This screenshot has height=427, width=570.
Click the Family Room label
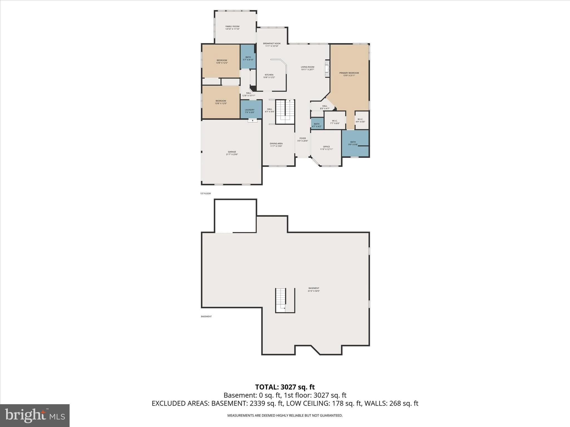click(x=232, y=28)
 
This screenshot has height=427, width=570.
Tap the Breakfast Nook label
click(x=272, y=44)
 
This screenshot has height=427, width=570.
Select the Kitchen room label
click(x=269, y=76)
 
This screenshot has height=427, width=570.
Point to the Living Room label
click(x=307, y=68)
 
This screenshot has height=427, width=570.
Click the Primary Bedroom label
click(x=349, y=74)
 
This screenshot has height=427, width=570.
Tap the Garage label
click(x=232, y=153)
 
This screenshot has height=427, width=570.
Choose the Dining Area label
click(x=276, y=145)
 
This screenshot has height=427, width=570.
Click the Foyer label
click(x=303, y=139)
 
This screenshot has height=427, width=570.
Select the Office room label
click(x=326, y=148)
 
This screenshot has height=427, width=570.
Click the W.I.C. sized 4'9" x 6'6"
click(x=360, y=120)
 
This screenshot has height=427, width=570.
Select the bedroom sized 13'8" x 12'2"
click(x=222, y=61)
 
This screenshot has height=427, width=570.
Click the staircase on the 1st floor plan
click(x=285, y=112)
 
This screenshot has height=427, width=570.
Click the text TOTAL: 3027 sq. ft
click(x=285, y=387)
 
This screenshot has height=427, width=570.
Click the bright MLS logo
click(x=35, y=415)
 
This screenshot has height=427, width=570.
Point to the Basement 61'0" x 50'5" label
click(x=314, y=289)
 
